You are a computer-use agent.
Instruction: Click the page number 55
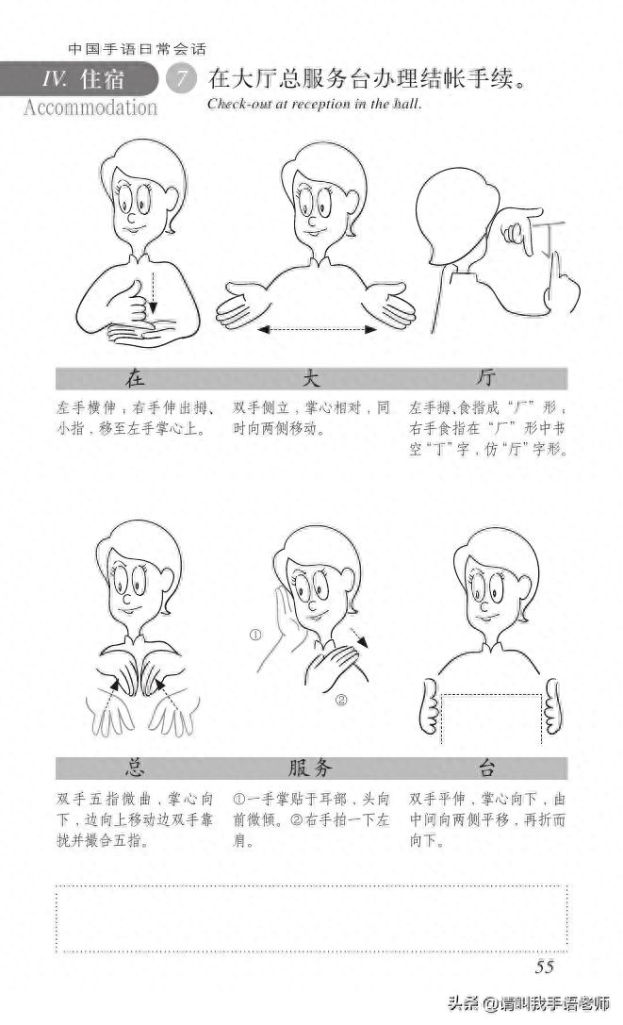[x=544, y=967]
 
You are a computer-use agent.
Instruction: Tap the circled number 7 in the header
[x=179, y=79]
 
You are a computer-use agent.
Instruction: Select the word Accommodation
[x=90, y=107]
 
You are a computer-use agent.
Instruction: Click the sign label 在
[x=135, y=379]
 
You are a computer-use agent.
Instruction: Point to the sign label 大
[x=311, y=379]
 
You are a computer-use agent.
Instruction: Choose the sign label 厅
[x=486, y=379]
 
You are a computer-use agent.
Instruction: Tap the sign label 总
[x=135, y=768]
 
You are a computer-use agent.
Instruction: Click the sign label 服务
[x=311, y=768]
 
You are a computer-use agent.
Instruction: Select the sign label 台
[x=486, y=768]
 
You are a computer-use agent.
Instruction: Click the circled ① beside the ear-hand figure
[x=254, y=635]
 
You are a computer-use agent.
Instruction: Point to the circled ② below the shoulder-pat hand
[x=341, y=700]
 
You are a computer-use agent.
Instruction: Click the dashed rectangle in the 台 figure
[x=491, y=717]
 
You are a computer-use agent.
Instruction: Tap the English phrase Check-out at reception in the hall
[x=314, y=104]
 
